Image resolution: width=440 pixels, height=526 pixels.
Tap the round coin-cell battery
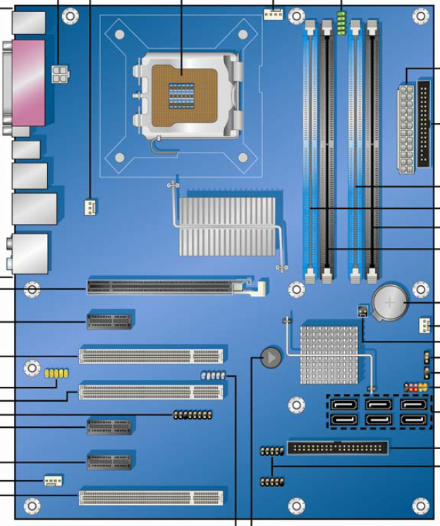point(390,304)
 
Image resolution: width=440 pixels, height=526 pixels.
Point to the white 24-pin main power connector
point(405,128)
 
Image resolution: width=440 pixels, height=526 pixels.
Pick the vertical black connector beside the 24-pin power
point(424,124)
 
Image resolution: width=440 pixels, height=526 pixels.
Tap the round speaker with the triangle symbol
point(271,359)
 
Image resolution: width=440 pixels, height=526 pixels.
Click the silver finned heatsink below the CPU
point(227,225)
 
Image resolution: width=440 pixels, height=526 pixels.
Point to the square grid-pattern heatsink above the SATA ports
point(329,354)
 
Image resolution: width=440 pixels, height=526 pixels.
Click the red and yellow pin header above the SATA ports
point(416,387)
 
